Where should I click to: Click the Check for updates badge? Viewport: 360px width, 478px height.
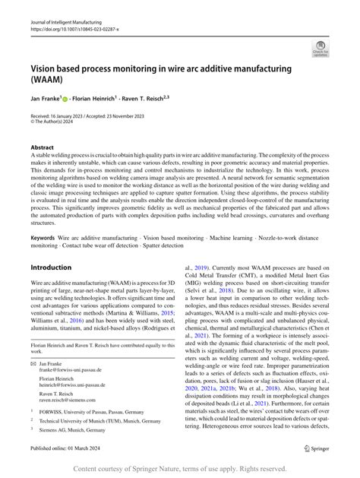tap(320, 51)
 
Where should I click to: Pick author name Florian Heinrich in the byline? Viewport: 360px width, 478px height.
tap(112, 98)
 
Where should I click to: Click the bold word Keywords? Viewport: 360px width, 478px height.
tap(43, 238)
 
